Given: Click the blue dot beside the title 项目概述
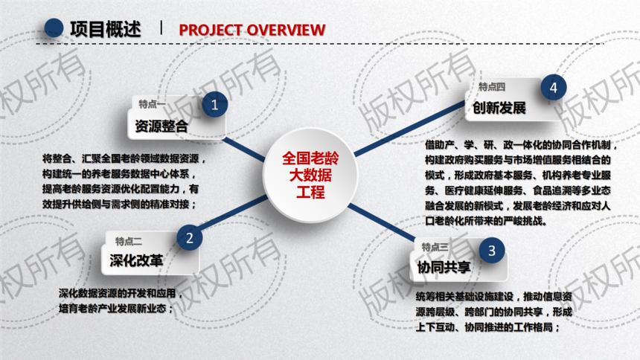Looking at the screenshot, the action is click(x=54, y=28).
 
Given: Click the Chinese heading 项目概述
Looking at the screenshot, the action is click(x=106, y=30).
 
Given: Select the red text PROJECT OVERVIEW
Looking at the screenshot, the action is click(x=252, y=30).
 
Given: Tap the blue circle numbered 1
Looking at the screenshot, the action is click(x=214, y=104).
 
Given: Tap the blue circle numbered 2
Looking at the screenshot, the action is click(x=189, y=237).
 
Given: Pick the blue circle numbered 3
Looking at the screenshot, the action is click(x=492, y=250).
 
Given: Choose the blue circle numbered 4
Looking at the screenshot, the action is click(x=554, y=87).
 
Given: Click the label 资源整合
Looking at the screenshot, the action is click(x=161, y=126).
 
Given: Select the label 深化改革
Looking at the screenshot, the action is click(x=136, y=260).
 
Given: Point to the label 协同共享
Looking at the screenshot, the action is click(x=444, y=267).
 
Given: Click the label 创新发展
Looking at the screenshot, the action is click(x=499, y=108).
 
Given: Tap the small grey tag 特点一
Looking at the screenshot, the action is click(x=153, y=104).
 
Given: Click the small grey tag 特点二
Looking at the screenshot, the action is click(x=129, y=241).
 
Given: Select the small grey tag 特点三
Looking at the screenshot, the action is click(x=435, y=247).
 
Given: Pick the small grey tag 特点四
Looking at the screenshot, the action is click(x=492, y=86).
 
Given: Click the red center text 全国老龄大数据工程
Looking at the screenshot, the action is click(x=310, y=175).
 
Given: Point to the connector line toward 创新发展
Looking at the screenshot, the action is click(x=410, y=128).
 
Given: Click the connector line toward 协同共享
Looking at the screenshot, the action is click(x=382, y=222).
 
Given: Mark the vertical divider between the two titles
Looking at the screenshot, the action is click(x=161, y=28).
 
